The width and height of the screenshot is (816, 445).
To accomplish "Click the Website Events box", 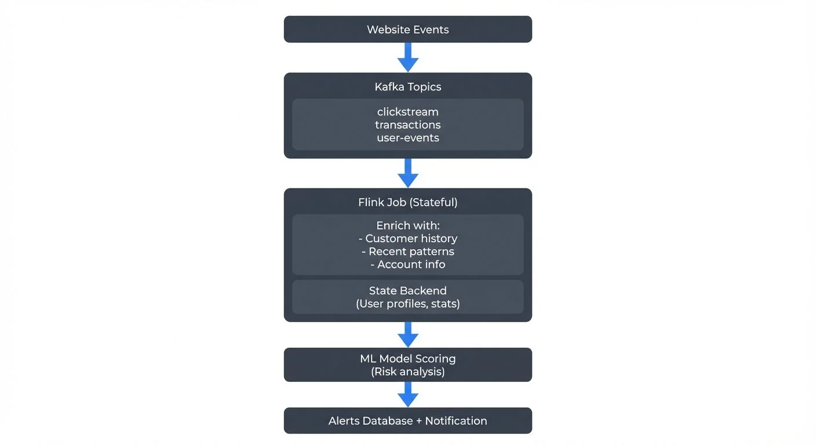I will tap(407, 30).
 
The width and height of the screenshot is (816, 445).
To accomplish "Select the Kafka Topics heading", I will tap(407, 87).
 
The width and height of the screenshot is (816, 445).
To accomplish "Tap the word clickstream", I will tap(407, 112).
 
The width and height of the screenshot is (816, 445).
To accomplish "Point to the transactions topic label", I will tap(407, 125).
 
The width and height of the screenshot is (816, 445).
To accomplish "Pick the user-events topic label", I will tap(407, 138).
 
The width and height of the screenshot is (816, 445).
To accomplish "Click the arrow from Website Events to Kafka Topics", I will tap(408, 57).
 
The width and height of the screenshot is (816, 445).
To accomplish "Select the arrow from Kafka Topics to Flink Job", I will tap(408, 173).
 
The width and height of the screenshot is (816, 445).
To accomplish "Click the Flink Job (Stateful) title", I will tap(407, 202).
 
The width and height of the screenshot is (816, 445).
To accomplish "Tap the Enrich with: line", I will tap(407, 225).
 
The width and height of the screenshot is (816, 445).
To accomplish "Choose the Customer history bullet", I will tap(407, 238).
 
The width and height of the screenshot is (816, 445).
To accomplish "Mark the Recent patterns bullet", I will tap(407, 251).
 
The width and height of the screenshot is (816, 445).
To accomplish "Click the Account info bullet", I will tap(407, 264).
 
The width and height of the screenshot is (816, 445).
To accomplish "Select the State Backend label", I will tap(407, 291).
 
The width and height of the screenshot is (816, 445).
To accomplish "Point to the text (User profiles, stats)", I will tap(407, 304).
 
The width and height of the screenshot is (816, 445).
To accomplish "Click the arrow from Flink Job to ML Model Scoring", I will tap(408, 334).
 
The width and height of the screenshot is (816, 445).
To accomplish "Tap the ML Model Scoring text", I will tap(407, 359).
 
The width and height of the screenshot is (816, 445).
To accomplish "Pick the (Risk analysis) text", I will tap(407, 371).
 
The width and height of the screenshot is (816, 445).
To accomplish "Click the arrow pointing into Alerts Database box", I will tap(408, 394).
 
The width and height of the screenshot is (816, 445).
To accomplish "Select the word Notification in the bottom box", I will tap(456, 421).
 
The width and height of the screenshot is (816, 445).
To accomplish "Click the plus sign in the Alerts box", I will tap(418, 421).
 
